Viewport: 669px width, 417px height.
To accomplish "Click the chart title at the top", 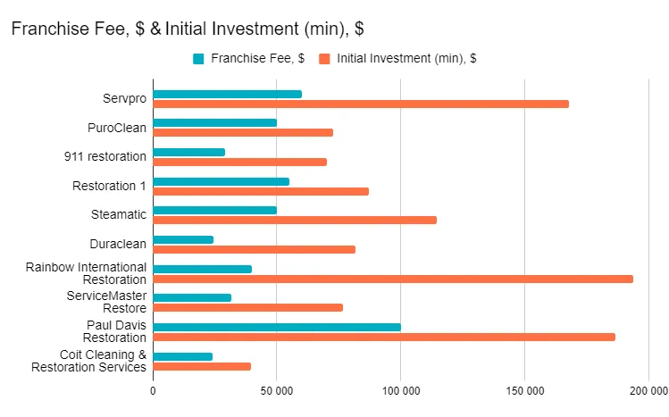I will (187, 29).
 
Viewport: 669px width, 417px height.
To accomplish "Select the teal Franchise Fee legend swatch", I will (199, 59).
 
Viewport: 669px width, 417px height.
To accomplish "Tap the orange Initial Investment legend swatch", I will (325, 59).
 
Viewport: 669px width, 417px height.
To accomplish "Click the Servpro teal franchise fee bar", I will (227, 94).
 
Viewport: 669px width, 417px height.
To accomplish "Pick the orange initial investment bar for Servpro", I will (361, 104).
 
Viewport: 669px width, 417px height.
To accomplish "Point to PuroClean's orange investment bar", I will (243, 132).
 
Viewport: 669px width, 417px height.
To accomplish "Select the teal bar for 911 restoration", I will (188, 152).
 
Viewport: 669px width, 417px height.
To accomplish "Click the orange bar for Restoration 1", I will (261, 191).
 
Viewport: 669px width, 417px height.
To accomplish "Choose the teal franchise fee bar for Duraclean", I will (183, 239).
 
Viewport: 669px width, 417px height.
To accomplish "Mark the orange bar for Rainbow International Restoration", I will (393, 279).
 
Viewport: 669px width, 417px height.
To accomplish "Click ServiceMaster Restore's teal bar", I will (192, 297).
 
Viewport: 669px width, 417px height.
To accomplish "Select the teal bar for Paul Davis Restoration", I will (277, 327).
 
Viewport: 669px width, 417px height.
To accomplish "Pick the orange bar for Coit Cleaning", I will (202, 366).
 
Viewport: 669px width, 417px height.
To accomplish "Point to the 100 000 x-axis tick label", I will (400, 390).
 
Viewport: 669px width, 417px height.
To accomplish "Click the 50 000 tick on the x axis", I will (276, 390).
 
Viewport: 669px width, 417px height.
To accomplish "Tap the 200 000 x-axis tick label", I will (648, 390).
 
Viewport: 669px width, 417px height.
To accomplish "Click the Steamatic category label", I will (118, 215).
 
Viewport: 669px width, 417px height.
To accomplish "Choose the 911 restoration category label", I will (105, 157).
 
